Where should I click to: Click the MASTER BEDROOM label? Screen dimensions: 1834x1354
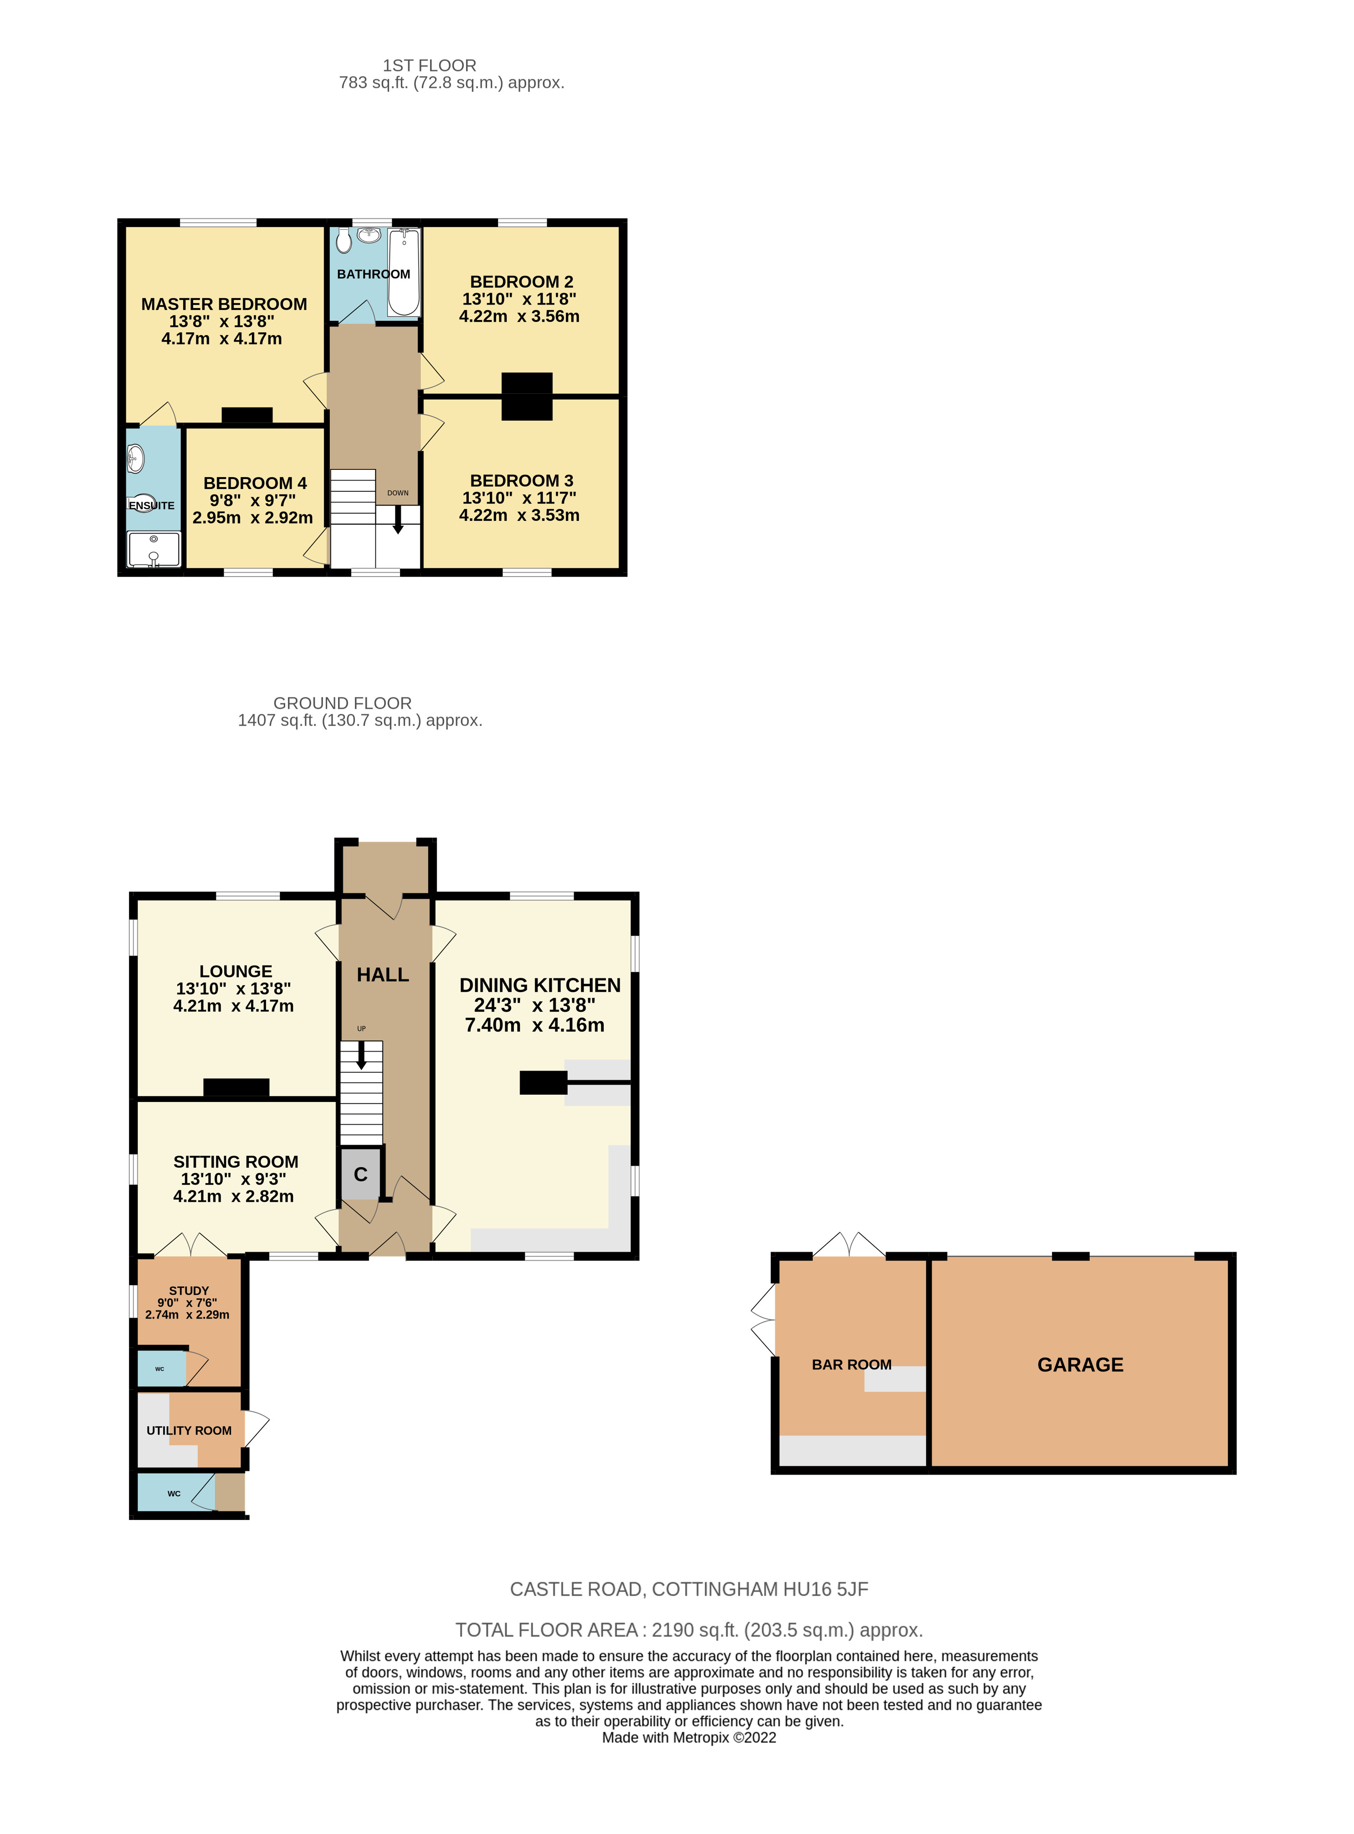point(224,304)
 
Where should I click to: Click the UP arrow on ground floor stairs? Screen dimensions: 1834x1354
point(361,1055)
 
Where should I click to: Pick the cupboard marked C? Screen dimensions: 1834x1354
point(361,1175)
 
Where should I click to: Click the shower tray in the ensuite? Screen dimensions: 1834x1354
point(153,549)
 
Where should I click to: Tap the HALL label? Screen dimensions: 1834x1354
point(383,975)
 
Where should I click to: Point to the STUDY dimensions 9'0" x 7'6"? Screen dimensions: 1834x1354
point(188,1303)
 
